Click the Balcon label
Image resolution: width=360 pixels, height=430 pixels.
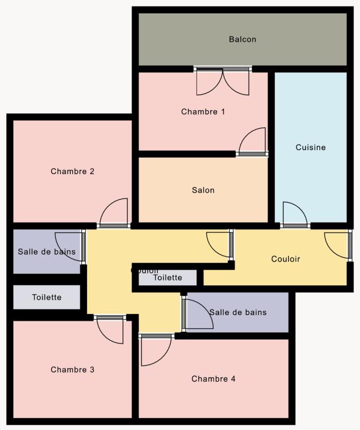(242, 39)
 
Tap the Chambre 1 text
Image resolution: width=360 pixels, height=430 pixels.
(203, 112)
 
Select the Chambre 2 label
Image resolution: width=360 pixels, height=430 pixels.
(73, 171)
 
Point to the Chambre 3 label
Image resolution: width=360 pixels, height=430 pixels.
(73, 370)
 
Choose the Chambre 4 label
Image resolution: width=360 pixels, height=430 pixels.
(213, 379)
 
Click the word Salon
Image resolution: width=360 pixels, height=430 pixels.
(203, 190)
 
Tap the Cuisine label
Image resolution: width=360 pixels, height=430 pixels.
(311, 147)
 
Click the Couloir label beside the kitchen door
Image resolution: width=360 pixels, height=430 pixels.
(285, 259)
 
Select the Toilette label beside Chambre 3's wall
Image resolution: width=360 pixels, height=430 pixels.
(47, 297)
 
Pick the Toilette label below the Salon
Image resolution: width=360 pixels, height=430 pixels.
(168, 278)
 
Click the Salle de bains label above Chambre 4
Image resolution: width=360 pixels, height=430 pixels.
(238, 312)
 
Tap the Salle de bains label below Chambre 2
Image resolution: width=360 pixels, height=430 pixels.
(47, 252)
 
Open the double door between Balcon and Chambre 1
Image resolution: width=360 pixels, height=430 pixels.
(222, 82)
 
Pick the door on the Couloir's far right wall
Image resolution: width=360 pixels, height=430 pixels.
(338, 245)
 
